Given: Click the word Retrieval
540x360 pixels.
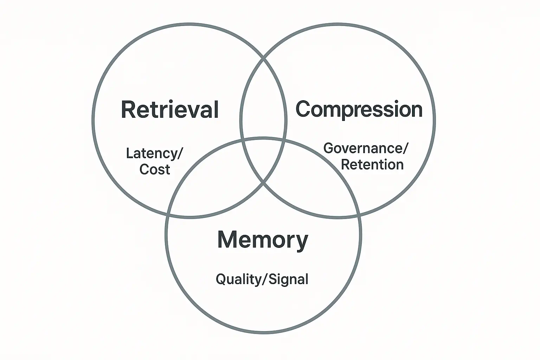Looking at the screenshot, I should (x=170, y=109).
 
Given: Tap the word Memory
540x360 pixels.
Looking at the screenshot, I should (x=263, y=240).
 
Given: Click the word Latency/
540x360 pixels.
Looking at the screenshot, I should (x=155, y=154).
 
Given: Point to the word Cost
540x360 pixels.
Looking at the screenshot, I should (x=155, y=169).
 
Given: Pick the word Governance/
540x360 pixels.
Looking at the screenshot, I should (x=366, y=148).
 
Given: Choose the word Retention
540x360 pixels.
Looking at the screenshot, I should (x=372, y=165).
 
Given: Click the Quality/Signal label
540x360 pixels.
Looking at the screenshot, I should (x=262, y=279).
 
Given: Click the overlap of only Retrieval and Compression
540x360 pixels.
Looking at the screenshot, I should (x=263, y=105).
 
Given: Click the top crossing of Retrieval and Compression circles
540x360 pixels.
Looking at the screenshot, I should (x=263, y=58).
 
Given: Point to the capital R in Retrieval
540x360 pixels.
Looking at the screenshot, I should (x=128, y=109).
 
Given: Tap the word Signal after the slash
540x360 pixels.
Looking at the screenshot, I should (x=289, y=279).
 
